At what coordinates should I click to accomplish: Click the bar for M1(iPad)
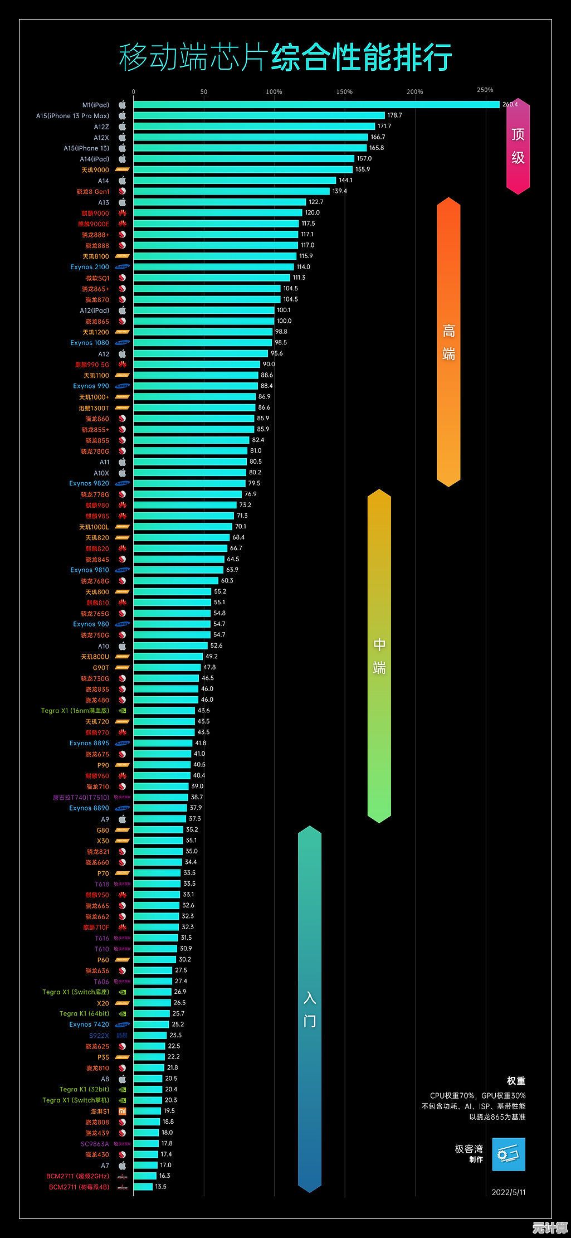coord(316,105)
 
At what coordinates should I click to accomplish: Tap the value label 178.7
coord(394,115)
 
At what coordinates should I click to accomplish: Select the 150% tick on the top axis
coord(345,92)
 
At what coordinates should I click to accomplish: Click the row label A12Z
coord(101,127)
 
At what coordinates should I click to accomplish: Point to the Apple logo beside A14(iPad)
coord(123,159)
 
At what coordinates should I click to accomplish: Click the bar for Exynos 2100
coord(213,267)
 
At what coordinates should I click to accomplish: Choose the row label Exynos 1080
coord(90,343)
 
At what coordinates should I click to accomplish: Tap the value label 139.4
coord(339,191)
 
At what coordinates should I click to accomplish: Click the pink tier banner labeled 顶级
coord(518,146)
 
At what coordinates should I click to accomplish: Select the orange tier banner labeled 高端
coord(448,342)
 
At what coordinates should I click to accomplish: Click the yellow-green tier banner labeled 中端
coord(379,656)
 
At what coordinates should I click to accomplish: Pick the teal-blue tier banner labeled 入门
coord(310,1009)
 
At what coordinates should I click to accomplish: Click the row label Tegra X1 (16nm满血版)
coord(75,711)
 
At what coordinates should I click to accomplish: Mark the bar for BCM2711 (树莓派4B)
coord(143,1187)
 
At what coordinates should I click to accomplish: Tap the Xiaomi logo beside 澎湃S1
coord(123,1111)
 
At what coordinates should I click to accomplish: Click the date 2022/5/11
coord(508,1192)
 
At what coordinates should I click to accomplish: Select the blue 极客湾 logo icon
coord(509,1154)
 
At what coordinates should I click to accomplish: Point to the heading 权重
coord(516,1081)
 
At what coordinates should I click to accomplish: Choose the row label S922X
coord(99,1036)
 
